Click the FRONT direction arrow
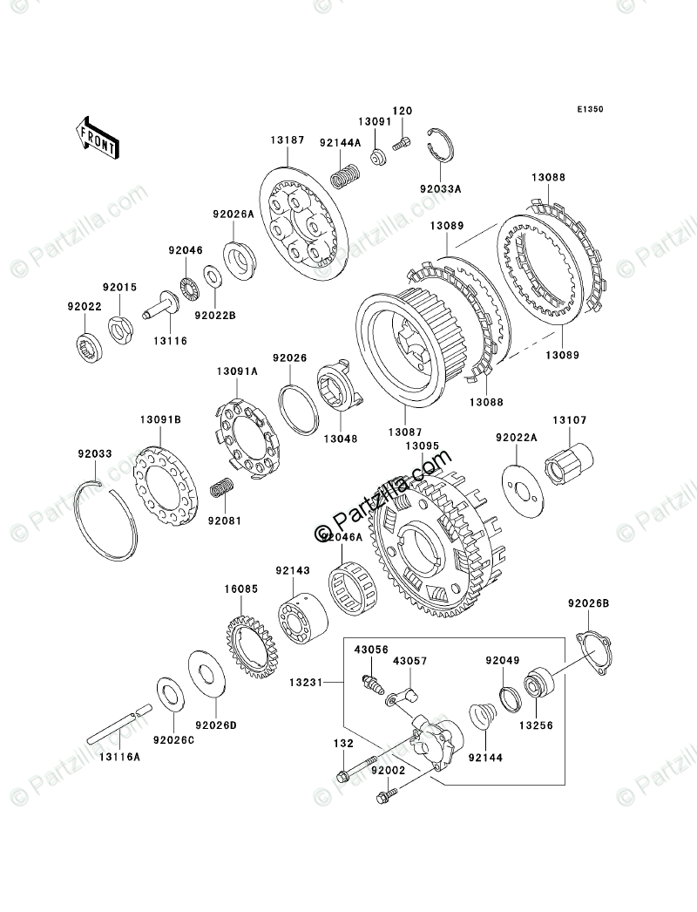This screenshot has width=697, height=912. [x=98, y=138]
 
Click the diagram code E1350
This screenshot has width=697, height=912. [x=589, y=111]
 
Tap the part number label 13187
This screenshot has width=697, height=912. [x=288, y=140]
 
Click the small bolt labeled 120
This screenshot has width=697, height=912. [x=402, y=143]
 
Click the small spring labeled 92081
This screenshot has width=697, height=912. [x=223, y=490]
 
